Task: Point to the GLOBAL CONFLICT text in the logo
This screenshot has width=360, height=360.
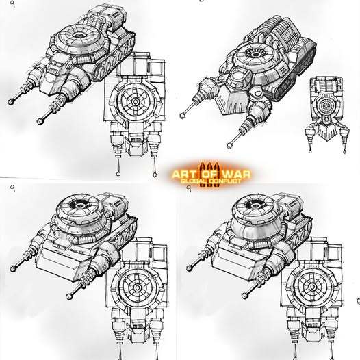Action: pyautogui.click(x=211, y=181)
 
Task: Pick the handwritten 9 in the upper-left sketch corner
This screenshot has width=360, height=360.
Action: pyautogui.click(x=12, y=3)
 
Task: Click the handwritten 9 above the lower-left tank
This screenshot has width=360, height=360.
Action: pyautogui.click(x=13, y=188)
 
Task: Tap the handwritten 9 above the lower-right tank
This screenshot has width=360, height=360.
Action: pyautogui.click(x=189, y=188)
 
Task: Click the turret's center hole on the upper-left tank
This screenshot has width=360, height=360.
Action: pyautogui.click(x=79, y=36)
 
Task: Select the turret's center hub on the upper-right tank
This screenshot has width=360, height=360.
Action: pyautogui.click(x=255, y=55)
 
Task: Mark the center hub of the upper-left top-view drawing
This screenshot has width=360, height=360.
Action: pyautogui.click(x=136, y=101)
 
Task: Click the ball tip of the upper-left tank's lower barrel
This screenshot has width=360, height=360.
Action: pyautogui.click(x=40, y=121)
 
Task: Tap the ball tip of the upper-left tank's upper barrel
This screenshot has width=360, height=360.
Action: pyautogui.click(x=11, y=102)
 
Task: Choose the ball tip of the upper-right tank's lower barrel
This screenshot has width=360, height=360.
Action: pyautogui.click(x=229, y=145)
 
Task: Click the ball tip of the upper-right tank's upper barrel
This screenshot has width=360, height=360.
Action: pyautogui.click(x=182, y=116)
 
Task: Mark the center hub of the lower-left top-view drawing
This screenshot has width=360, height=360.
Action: pyautogui.click(x=138, y=287)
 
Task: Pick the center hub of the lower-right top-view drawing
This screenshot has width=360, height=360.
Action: pyautogui.click(x=312, y=287)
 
